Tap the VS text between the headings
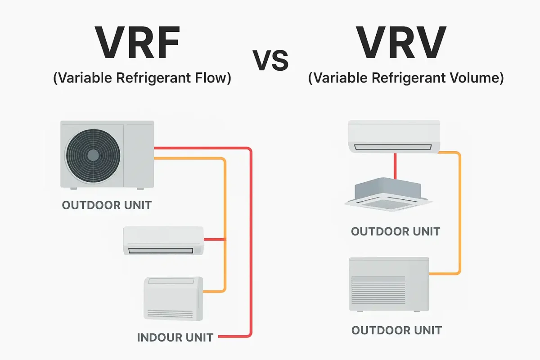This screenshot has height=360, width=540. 270,61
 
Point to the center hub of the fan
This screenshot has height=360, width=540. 93,155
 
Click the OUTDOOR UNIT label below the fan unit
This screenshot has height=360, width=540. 107,206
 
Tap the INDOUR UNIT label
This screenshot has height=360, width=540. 175,337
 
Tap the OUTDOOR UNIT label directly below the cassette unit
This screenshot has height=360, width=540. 396,232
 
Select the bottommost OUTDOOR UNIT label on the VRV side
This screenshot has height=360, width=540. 396,330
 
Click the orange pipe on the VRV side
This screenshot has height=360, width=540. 459,211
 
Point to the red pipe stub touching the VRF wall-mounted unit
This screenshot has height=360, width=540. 214,239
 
